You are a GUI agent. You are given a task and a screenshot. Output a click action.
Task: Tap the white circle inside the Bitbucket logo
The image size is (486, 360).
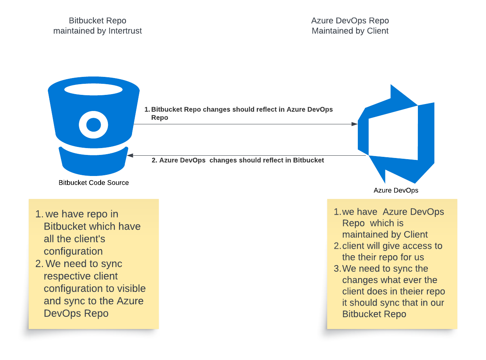[94, 125]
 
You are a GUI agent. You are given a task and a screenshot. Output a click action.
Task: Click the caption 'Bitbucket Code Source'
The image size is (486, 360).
[94, 183]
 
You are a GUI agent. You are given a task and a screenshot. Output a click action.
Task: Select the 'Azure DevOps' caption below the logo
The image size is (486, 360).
[396, 191]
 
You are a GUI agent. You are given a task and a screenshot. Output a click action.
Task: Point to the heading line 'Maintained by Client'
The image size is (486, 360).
[350, 31]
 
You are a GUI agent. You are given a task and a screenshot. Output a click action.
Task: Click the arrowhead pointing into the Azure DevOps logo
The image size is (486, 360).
[355, 124]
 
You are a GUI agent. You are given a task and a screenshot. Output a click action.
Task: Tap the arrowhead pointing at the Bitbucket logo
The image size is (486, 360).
[130, 155]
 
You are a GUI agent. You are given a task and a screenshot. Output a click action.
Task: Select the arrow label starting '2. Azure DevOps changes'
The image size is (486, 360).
[238, 160]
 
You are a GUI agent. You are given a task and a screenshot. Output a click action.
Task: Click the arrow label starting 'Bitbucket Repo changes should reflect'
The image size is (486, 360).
[242, 109]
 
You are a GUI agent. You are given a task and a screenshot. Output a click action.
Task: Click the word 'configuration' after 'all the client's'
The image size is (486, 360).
[73, 251]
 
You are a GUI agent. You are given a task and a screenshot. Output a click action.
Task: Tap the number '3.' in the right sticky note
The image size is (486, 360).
[337, 269]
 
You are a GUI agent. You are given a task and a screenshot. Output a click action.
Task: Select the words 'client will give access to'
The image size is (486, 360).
[392, 246]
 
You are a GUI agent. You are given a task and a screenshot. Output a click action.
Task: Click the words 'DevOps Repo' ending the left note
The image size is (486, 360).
[76, 313]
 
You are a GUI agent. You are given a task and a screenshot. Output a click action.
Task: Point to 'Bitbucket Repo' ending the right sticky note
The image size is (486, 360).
[374, 314]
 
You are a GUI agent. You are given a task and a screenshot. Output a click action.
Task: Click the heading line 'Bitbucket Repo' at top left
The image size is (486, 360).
[98, 21]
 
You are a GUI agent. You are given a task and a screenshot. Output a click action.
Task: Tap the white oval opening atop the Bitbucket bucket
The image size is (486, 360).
[93, 90]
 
